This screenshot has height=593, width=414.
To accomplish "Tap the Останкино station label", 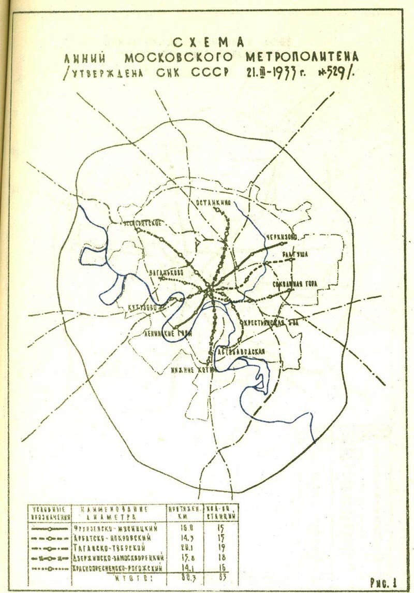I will (213, 204).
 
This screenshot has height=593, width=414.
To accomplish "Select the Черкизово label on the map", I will (282, 237).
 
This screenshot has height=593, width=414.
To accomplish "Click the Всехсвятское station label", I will (142, 222).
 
